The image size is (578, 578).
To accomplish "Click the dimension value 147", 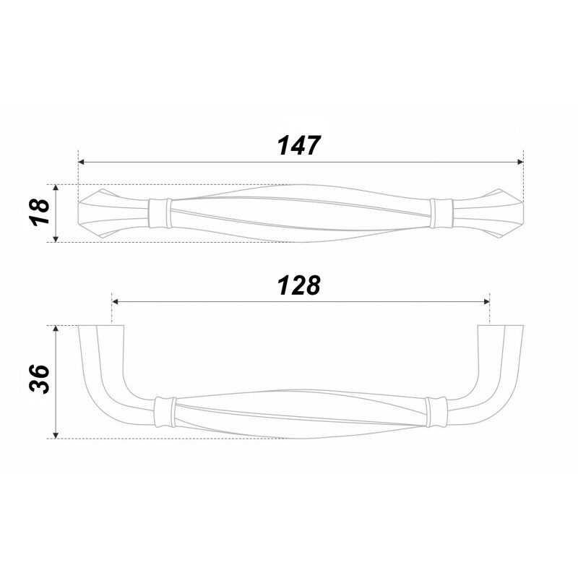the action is click(x=299, y=146).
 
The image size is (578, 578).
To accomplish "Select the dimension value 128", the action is click(x=299, y=285).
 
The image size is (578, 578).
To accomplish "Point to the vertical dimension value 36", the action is click(x=39, y=380).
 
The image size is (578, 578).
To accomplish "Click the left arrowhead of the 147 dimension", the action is click(x=82, y=162).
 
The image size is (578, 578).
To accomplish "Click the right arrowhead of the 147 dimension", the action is click(x=520, y=162).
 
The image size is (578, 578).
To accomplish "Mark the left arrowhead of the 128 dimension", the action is click(x=115, y=301).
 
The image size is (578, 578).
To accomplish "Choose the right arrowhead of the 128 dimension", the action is click(x=486, y=301).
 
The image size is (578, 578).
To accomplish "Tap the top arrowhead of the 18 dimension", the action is click(x=56, y=188).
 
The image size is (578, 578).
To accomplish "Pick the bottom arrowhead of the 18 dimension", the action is click(x=56, y=239).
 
